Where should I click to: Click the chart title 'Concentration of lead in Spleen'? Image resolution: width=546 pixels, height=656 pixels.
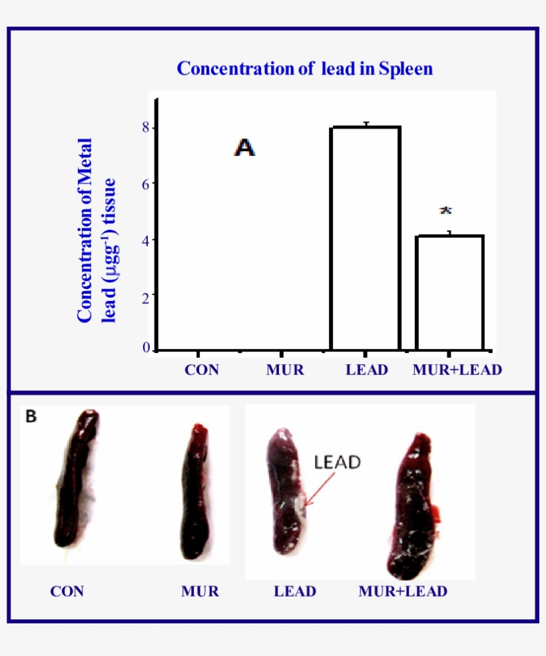coord(304,69)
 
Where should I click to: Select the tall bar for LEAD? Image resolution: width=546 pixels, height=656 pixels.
coord(366,238)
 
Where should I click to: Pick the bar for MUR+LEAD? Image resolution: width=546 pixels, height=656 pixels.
coord(449,292)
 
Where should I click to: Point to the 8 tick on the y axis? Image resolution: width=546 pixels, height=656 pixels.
coord(146,127)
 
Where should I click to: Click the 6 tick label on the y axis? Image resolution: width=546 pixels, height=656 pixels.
coord(146,183)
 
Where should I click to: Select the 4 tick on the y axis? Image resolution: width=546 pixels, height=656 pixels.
coord(146,239)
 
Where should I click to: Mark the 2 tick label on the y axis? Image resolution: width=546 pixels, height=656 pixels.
coord(146,294)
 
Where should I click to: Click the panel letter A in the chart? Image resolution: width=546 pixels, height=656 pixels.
coord(244,148)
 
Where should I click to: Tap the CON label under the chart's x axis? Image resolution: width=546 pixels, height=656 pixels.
coord(202,370)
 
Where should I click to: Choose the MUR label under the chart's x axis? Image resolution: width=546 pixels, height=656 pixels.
coord(284,370)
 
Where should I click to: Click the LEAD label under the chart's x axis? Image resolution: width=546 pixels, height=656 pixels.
coord(366,370)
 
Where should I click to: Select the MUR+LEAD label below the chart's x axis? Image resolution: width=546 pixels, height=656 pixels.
coord(456,370)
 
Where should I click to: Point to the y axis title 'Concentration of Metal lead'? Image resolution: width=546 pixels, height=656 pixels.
coord(96,230)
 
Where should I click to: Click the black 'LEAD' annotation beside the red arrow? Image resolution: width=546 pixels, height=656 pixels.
coord(337,462)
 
